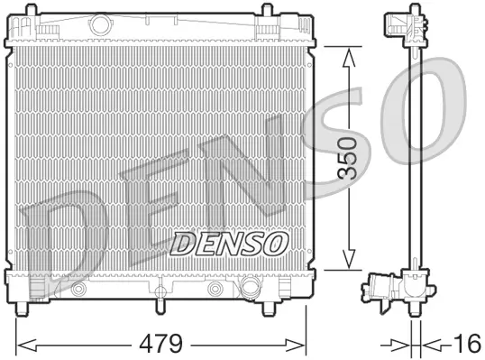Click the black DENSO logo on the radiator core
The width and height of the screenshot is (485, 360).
(229, 242)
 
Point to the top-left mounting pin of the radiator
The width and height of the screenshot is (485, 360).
(40, 12)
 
